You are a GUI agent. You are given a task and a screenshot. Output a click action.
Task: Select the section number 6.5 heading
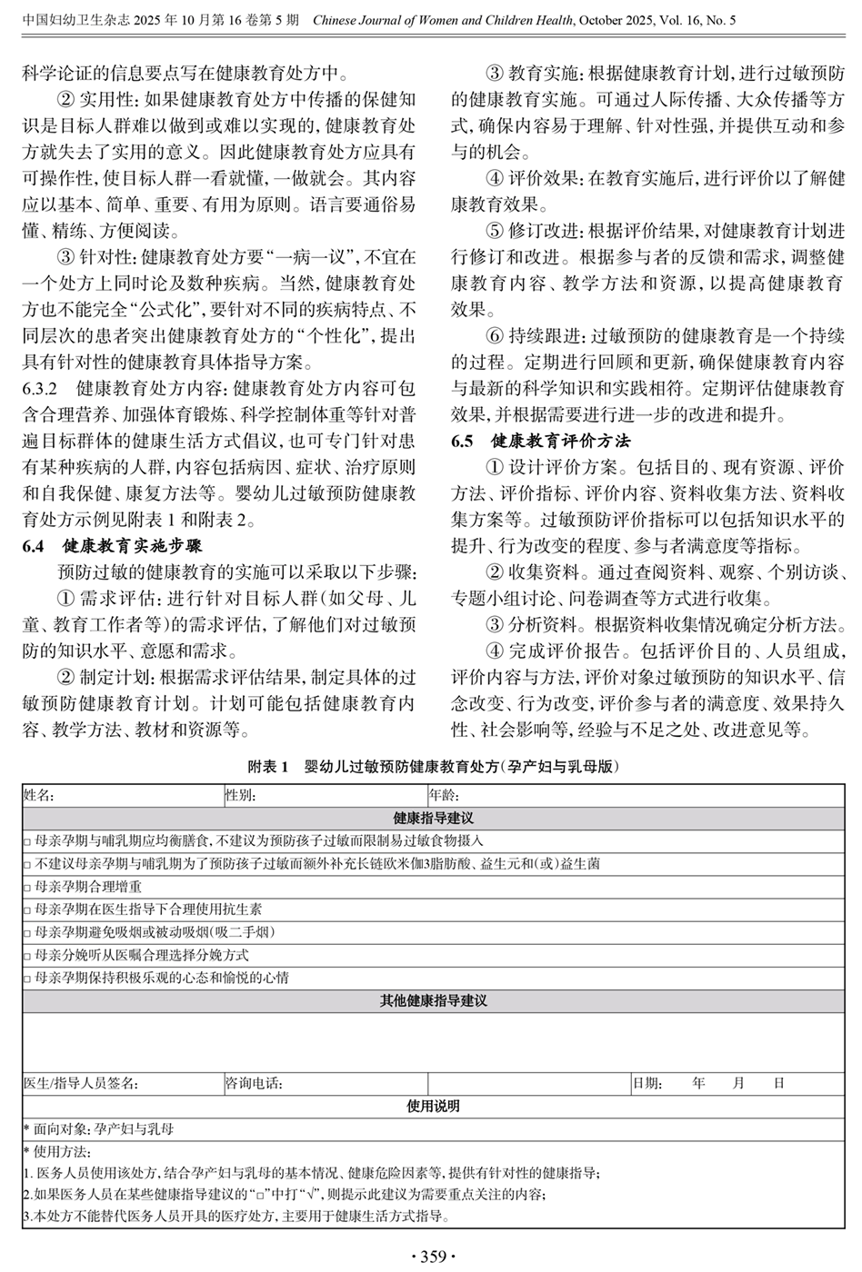(x=463, y=442)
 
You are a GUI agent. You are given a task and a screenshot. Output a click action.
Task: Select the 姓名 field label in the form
(x=39, y=795)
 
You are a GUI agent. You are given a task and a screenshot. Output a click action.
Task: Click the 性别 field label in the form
(x=241, y=795)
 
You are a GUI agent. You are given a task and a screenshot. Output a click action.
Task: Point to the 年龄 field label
(x=445, y=795)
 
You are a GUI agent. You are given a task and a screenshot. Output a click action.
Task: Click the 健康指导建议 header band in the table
(x=433, y=818)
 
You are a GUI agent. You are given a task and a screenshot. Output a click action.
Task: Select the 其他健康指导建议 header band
(x=433, y=1000)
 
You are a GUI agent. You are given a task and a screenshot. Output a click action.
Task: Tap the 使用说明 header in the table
(x=433, y=1106)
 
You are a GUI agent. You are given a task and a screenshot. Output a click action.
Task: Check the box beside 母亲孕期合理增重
(x=27, y=887)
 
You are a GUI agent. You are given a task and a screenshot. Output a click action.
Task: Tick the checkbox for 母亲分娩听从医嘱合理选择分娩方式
(x=27, y=956)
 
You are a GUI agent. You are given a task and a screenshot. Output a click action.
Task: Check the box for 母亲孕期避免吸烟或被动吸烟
(x=27, y=933)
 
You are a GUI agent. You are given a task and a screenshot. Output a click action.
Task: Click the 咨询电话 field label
(x=254, y=1083)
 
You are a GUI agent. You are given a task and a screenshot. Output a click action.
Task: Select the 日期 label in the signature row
(x=647, y=1083)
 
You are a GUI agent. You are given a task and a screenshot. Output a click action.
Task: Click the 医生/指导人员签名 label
(x=81, y=1083)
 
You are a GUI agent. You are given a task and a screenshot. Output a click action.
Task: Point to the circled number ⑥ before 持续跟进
(x=494, y=336)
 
